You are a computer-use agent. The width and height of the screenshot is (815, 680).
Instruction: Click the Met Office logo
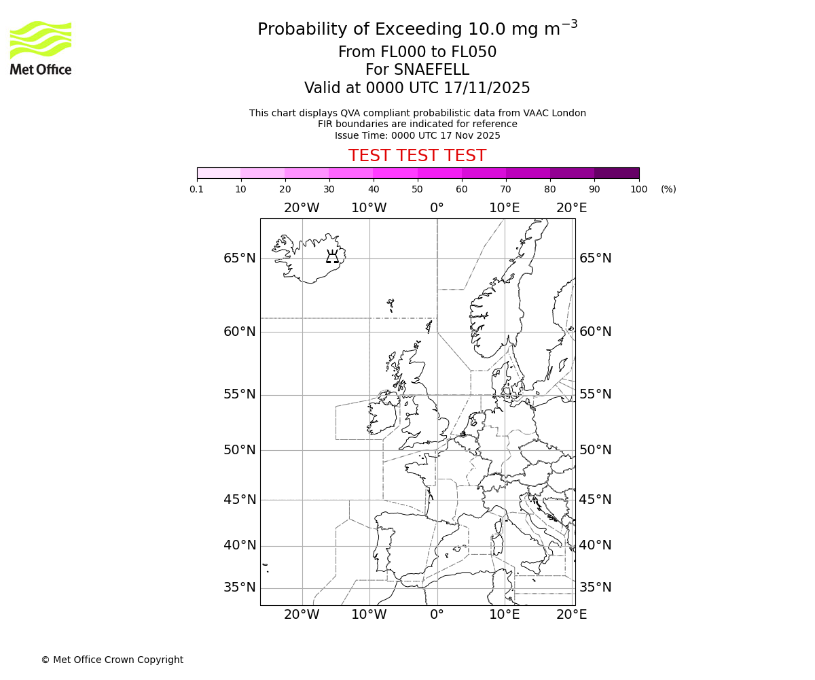click(41, 48)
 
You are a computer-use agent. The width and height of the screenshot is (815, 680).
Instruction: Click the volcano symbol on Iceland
click(332, 256)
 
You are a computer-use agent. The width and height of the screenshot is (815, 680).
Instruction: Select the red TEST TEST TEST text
click(417, 156)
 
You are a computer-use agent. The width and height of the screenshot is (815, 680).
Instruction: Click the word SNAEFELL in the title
click(417, 70)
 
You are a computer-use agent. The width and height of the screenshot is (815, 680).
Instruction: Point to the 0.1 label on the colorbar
click(197, 189)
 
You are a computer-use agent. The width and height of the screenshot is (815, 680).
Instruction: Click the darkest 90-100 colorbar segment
click(617, 173)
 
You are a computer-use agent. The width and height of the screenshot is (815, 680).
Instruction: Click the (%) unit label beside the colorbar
click(668, 189)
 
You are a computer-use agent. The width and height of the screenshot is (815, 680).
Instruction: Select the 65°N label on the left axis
click(240, 258)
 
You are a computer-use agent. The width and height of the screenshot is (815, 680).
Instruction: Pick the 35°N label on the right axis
click(595, 588)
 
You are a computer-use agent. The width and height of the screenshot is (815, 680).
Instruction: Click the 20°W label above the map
click(302, 208)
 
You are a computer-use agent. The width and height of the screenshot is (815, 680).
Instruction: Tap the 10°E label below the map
click(504, 615)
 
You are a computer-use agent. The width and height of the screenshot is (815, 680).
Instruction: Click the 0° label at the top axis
click(437, 208)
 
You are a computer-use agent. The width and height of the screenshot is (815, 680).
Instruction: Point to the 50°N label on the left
click(240, 450)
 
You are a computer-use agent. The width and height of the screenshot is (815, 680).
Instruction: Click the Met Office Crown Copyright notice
click(112, 660)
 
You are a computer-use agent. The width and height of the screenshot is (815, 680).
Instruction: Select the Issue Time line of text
click(417, 135)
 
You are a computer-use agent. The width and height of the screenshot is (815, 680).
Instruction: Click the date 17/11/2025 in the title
click(487, 88)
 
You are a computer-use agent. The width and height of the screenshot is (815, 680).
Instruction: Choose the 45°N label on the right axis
click(595, 500)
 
